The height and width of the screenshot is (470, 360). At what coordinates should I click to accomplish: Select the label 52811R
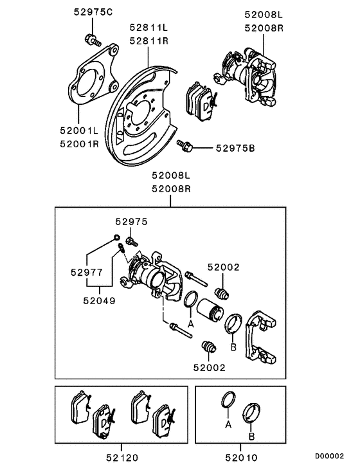(x=148, y=40)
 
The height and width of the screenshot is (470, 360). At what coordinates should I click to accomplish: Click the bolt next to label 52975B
(x=186, y=147)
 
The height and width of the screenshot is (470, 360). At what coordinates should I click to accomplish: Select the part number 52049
(x=99, y=299)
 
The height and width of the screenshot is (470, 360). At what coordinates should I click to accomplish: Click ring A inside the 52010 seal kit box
(x=227, y=400)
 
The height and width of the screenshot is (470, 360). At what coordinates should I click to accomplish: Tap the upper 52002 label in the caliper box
(x=223, y=266)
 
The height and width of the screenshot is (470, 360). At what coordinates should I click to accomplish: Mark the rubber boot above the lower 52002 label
(x=209, y=347)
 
